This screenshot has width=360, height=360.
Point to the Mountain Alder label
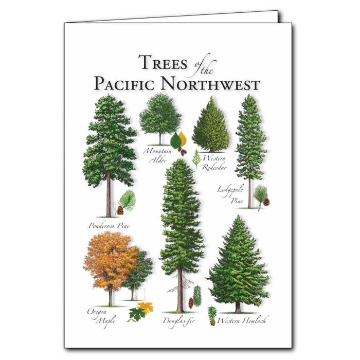pos(157,155)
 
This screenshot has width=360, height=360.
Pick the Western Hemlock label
pos(243,320)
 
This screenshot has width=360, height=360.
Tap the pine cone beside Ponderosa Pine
pos(120,210)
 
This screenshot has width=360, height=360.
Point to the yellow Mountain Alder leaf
pos(183,138)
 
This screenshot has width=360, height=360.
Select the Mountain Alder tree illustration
pos(159,116)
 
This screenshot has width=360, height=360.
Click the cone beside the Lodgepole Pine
pos(266,202)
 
